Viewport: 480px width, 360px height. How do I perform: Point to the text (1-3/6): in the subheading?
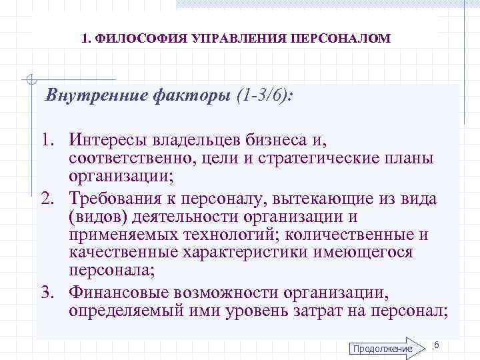(x=265, y=96)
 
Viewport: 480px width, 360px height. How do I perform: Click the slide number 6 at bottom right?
(x=436, y=344)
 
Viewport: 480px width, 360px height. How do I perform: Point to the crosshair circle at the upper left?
(x=29, y=81)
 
